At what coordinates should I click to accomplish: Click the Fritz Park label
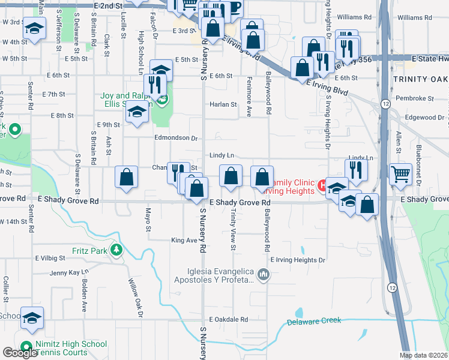[x=89, y=250]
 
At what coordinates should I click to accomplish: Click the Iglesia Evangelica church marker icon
[x=263, y=275]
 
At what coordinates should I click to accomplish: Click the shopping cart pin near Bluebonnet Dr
[x=400, y=175]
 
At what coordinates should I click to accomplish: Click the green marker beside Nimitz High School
[x=26, y=346]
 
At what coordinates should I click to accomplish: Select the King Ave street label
[x=184, y=240]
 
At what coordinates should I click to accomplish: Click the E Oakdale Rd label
[x=228, y=320]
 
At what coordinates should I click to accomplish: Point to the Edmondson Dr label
[x=176, y=138]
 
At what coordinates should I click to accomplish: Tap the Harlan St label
[x=223, y=104]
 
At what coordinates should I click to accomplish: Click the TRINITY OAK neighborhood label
[x=421, y=79]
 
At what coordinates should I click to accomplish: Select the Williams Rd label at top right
[x=414, y=18]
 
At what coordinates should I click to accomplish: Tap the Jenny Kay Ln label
[x=69, y=273]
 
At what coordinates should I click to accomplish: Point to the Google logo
[x=20, y=353]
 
